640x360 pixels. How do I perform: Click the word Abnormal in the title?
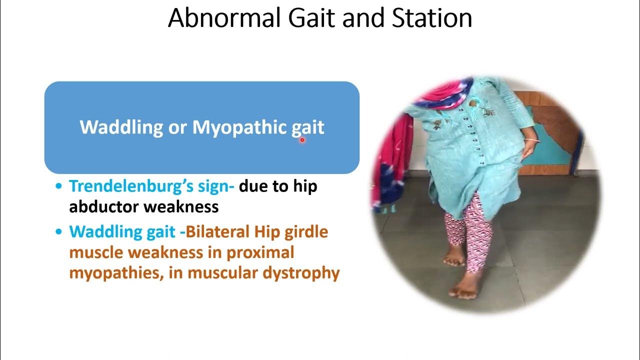coord(223,18)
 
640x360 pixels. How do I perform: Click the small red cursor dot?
coord(302,140)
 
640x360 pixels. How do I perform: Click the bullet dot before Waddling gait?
coord(59,232)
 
